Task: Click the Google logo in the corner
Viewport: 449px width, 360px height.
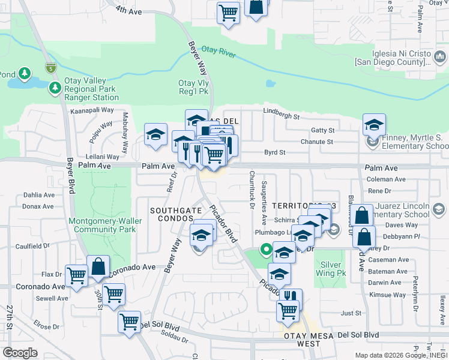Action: tap(20, 352)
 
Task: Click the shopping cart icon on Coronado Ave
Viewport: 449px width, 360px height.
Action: tap(77, 275)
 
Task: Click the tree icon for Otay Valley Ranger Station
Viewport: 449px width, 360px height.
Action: tap(55, 89)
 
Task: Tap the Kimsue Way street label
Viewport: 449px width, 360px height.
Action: tap(387, 295)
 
